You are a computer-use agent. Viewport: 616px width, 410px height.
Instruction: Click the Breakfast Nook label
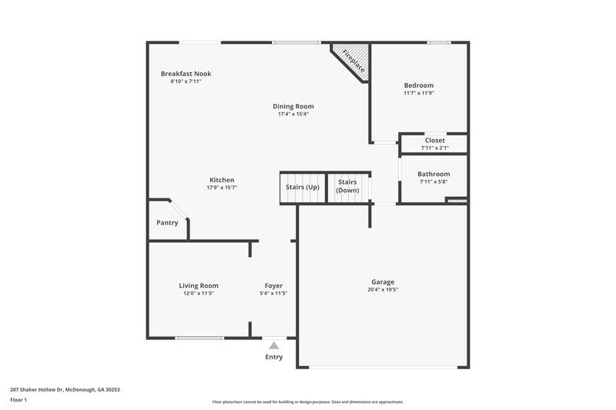point(186,74)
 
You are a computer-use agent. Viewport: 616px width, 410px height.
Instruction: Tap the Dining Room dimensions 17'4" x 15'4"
point(293,114)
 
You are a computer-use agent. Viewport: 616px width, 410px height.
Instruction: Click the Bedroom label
point(419,85)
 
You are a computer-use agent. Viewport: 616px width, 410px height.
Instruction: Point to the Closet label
point(434,141)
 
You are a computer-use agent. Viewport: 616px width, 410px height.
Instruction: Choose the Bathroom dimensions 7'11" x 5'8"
point(434,182)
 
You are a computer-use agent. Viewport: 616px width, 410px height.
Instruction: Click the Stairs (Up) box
point(302,188)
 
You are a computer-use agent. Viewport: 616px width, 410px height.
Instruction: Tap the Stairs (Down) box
point(348,187)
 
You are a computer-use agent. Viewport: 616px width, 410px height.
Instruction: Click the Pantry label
point(167,223)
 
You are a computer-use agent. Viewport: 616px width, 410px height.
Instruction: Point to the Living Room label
point(199,285)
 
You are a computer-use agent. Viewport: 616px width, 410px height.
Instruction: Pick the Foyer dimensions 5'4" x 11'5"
point(273,293)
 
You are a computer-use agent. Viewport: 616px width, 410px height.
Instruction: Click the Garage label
point(383,282)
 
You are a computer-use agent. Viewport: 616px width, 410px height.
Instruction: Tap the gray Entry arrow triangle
point(273,345)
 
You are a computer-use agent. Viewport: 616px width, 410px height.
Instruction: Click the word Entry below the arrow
point(273,357)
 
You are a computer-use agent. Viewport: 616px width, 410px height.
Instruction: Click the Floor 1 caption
point(19,400)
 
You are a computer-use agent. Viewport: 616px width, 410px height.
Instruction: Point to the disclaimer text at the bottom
point(307,402)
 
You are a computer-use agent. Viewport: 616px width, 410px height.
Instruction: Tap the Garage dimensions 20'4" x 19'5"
point(383,290)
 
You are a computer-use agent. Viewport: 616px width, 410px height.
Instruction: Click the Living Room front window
point(199,338)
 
